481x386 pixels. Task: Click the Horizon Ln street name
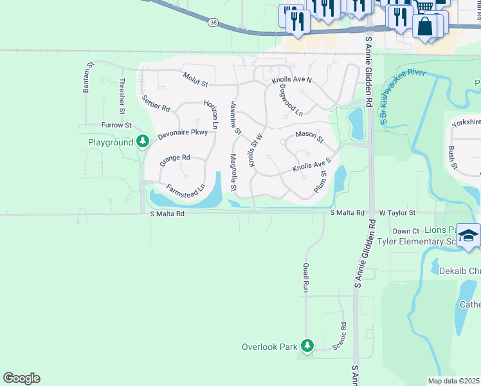(x=210, y=114)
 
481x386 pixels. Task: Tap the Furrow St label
(x=116, y=125)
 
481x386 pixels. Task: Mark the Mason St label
(x=309, y=136)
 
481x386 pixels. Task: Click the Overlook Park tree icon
(x=307, y=346)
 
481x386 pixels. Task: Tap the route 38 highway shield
(x=213, y=23)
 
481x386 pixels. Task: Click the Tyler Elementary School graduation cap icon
(x=469, y=235)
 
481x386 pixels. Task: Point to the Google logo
(x=21, y=378)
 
